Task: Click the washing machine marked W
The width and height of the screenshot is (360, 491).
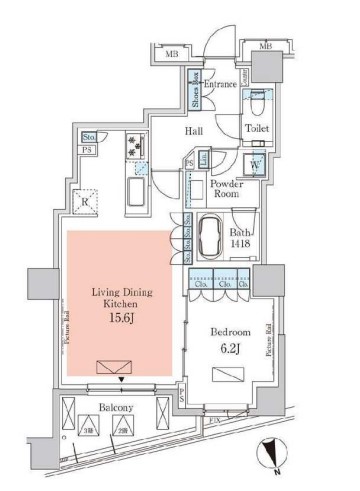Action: pos(255,165)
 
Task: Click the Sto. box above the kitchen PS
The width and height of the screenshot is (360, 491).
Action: pos(89,138)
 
